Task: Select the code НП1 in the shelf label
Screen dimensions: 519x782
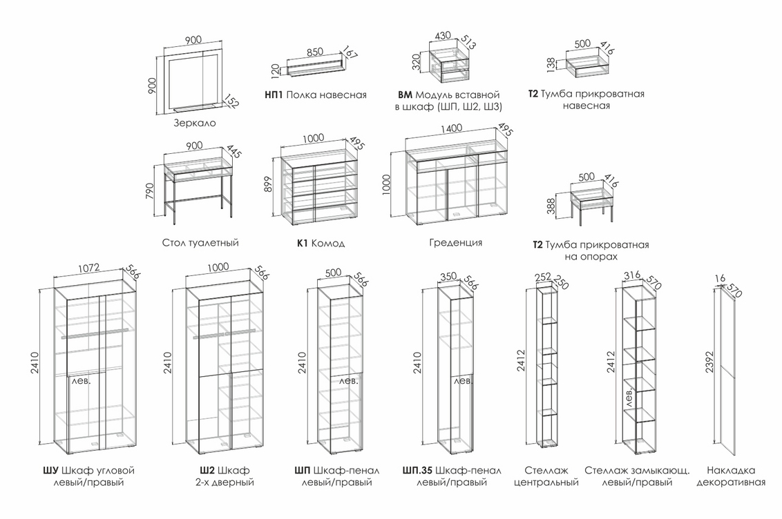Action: [x=274, y=95]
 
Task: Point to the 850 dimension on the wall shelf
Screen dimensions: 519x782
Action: [x=314, y=52]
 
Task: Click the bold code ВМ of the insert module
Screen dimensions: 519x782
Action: [x=406, y=95]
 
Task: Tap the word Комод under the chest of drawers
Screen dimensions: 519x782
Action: [x=327, y=244]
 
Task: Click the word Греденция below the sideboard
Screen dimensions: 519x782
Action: [x=455, y=243]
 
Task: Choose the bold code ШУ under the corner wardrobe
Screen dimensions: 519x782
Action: [x=50, y=471]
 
